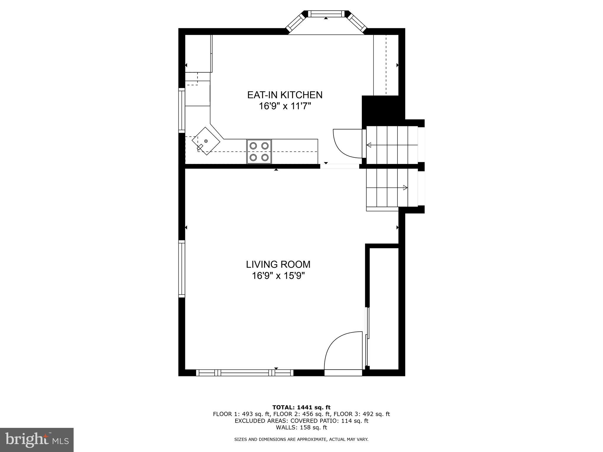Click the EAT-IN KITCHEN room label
pos(284,95)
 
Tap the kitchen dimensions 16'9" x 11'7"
pos(284,106)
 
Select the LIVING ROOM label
pos(278,264)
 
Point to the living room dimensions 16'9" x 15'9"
pos(278,276)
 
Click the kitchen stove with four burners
pos(259,152)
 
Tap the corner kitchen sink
pos(206,141)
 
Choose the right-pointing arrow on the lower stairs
pos(405,187)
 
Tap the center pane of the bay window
pos(326,14)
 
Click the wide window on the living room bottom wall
pos(245,373)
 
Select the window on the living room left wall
pos(182,268)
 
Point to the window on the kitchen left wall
pos(182,110)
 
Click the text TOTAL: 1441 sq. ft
pos(301,407)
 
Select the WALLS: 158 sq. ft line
pos(301,428)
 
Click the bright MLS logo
pos(37,440)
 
